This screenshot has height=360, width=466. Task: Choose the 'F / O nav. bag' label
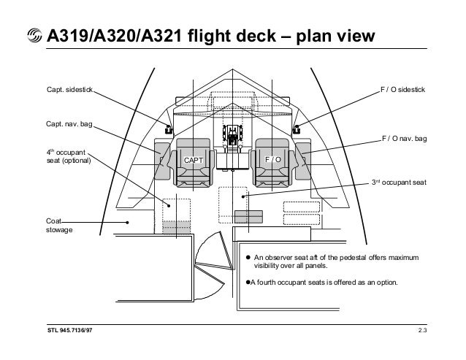(404, 138)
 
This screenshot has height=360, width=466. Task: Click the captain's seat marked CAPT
(192, 159)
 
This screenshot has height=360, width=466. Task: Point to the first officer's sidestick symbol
(296, 129)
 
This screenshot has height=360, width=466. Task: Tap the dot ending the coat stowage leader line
(127, 223)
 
